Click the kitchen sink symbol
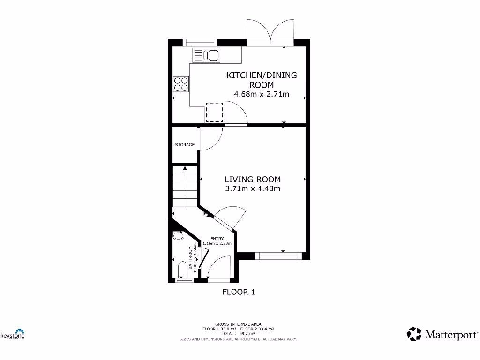[x=206, y=55]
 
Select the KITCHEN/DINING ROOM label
[x=262, y=80]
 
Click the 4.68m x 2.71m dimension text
[x=262, y=94]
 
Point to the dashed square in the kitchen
[x=214, y=112]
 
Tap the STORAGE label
[x=185, y=145]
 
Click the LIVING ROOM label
[x=253, y=179]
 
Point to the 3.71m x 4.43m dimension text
[x=253, y=189]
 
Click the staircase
[x=185, y=187]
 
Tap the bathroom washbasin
[x=178, y=236]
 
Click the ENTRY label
[x=217, y=239]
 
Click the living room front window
[x=278, y=255]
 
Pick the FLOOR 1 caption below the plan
[x=239, y=292]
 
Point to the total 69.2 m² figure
[x=239, y=333]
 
